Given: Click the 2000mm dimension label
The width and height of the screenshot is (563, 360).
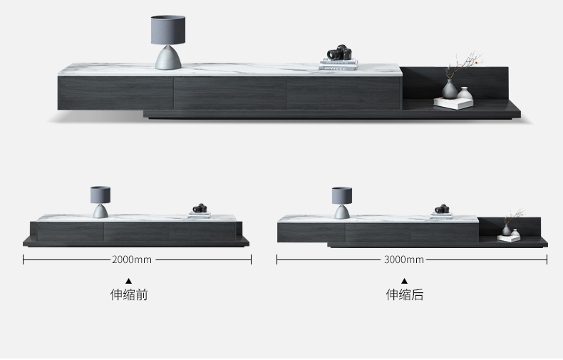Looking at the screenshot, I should coord(132,259).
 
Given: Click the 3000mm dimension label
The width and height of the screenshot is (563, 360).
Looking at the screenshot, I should coord(403,259).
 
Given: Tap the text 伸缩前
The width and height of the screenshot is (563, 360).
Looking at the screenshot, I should coord(129,294).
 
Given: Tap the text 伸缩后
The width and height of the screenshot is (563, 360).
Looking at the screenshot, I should coord(405,294).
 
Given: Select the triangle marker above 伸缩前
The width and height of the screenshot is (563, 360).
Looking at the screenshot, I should coord(129,281).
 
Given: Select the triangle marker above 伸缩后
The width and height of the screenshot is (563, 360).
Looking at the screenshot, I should coord(404,281).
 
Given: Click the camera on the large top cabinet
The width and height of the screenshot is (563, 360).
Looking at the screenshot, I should coord(340,53).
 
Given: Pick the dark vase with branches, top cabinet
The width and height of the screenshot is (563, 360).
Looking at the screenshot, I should coord(449,88).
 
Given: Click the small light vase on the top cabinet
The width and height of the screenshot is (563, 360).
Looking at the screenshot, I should coord(465,93).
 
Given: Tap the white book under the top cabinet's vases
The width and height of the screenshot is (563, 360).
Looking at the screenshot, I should coord(454,103).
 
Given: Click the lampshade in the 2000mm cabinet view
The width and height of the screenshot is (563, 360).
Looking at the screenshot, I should coord(100,194).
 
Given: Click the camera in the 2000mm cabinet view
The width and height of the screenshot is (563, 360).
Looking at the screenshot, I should coord(200,209).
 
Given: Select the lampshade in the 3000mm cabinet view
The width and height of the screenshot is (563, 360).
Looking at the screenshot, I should coord(342,194).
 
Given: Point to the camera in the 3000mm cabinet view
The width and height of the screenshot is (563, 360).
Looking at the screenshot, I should coord(442,209).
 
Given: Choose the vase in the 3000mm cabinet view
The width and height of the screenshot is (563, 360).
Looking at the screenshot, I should coord(506,230).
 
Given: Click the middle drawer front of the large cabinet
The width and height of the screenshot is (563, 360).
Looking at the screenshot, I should coord(229,93).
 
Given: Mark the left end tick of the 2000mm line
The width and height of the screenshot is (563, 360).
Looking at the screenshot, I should coord(24,259).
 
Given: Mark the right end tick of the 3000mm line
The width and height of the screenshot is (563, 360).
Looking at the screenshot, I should coord(547,259).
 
